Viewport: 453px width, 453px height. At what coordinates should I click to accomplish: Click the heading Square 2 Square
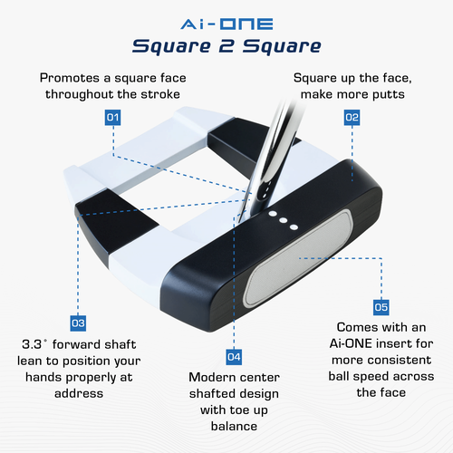point(226,46)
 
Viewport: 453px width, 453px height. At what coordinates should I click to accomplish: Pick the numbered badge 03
point(78,323)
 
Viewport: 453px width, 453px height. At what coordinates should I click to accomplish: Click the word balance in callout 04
point(235,426)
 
